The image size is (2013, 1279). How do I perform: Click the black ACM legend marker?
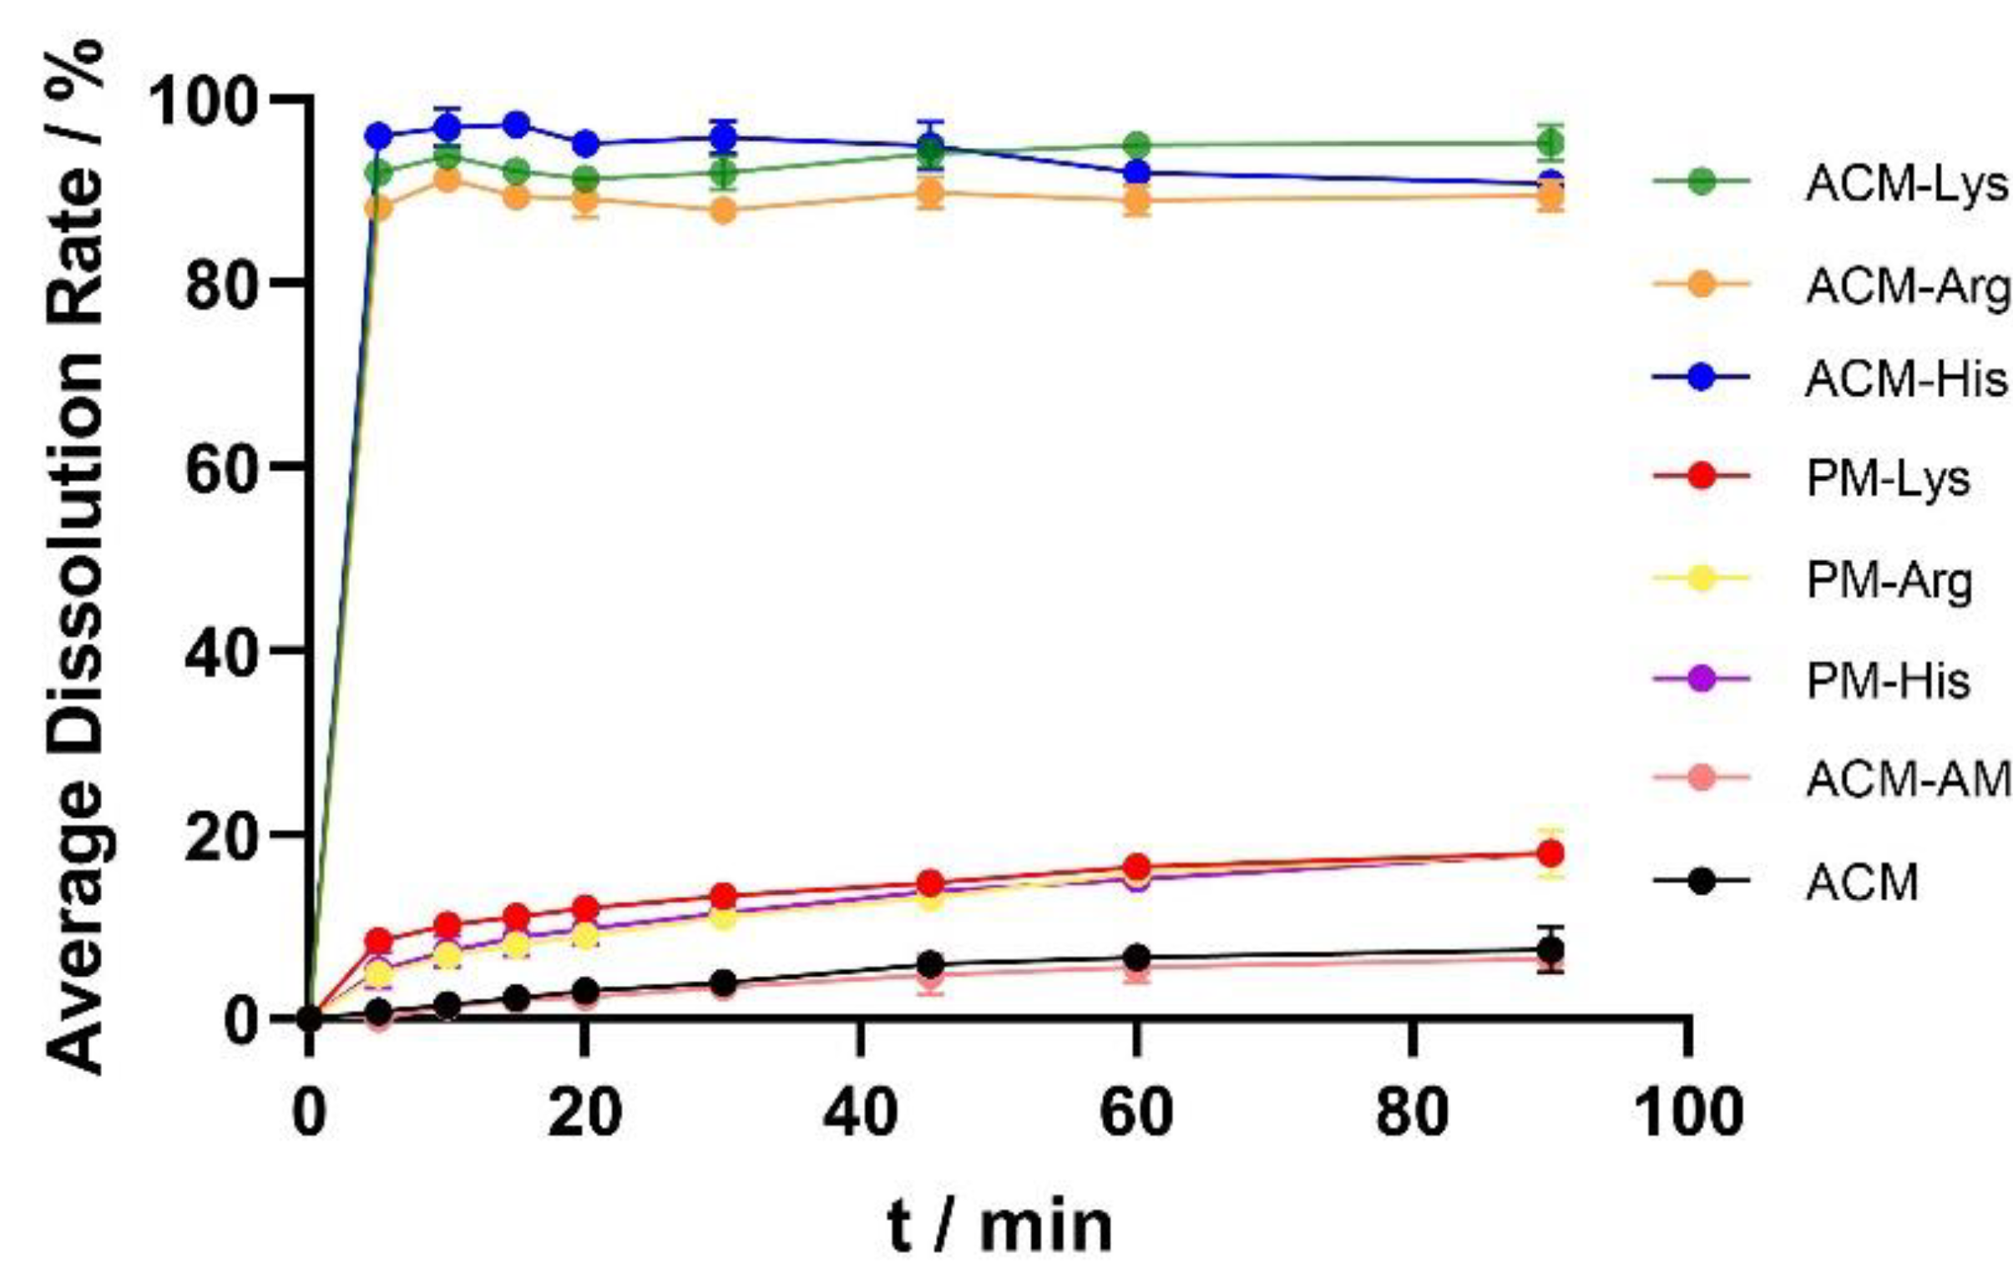pyautogui.click(x=1701, y=881)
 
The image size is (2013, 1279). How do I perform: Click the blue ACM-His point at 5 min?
pyautogui.click(x=379, y=135)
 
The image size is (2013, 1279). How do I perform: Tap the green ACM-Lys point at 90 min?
pyautogui.click(x=1551, y=143)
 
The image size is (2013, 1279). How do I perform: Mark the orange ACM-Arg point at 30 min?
pyautogui.click(x=724, y=211)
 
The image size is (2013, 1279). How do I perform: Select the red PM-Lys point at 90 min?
pyautogui.click(x=1551, y=853)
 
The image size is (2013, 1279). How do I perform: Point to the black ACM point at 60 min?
pyautogui.click(x=1136, y=957)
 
